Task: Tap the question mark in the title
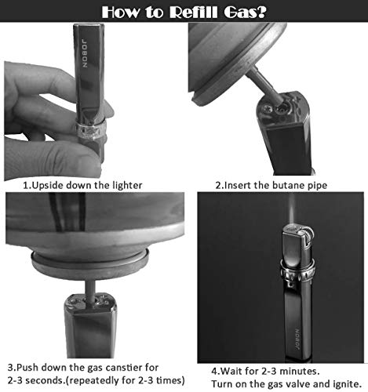tap(261, 12)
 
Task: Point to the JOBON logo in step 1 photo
tap(85, 53)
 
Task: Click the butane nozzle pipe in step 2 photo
tap(264, 84)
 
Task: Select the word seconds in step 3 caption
tap(45, 380)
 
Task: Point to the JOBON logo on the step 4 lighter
tap(297, 339)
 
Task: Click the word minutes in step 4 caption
tap(300, 371)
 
